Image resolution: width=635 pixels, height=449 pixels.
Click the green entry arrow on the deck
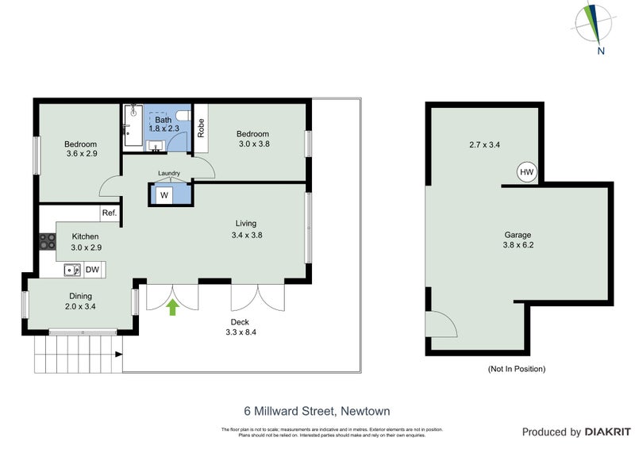[x=174, y=308]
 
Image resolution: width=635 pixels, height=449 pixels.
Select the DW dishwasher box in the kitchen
[x=92, y=271]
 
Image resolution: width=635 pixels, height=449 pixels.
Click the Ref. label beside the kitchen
[x=108, y=213]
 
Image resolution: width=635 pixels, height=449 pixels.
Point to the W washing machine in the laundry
[x=164, y=195]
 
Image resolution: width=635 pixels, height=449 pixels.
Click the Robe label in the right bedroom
[x=201, y=128]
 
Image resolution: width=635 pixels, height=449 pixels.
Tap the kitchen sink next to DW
[x=72, y=271]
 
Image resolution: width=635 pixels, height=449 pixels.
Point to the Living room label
[x=246, y=224]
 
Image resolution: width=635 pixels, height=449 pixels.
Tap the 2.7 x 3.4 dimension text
[x=484, y=144]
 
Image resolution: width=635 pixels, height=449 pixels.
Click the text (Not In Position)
[x=516, y=369]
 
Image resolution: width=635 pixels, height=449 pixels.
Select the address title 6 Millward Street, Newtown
[x=317, y=411]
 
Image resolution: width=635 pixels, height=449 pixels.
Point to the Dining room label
[x=80, y=296]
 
